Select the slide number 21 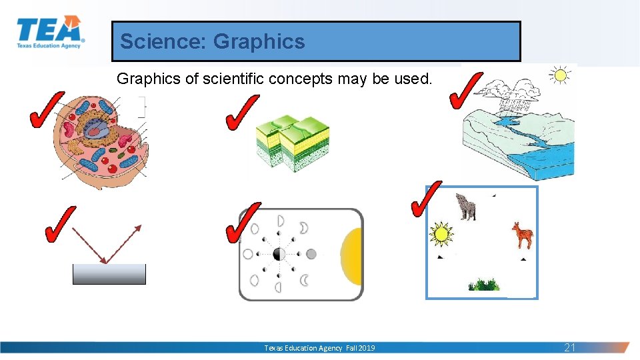[x=570, y=347]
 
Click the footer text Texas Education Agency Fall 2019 [x=319, y=348]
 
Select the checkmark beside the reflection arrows [x=59, y=224]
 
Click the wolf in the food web [x=465, y=207]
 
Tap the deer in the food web [x=523, y=235]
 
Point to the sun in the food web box [x=441, y=234]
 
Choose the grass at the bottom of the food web [x=483, y=285]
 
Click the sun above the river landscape [x=559, y=75]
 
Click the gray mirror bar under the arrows [x=109, y=274]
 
